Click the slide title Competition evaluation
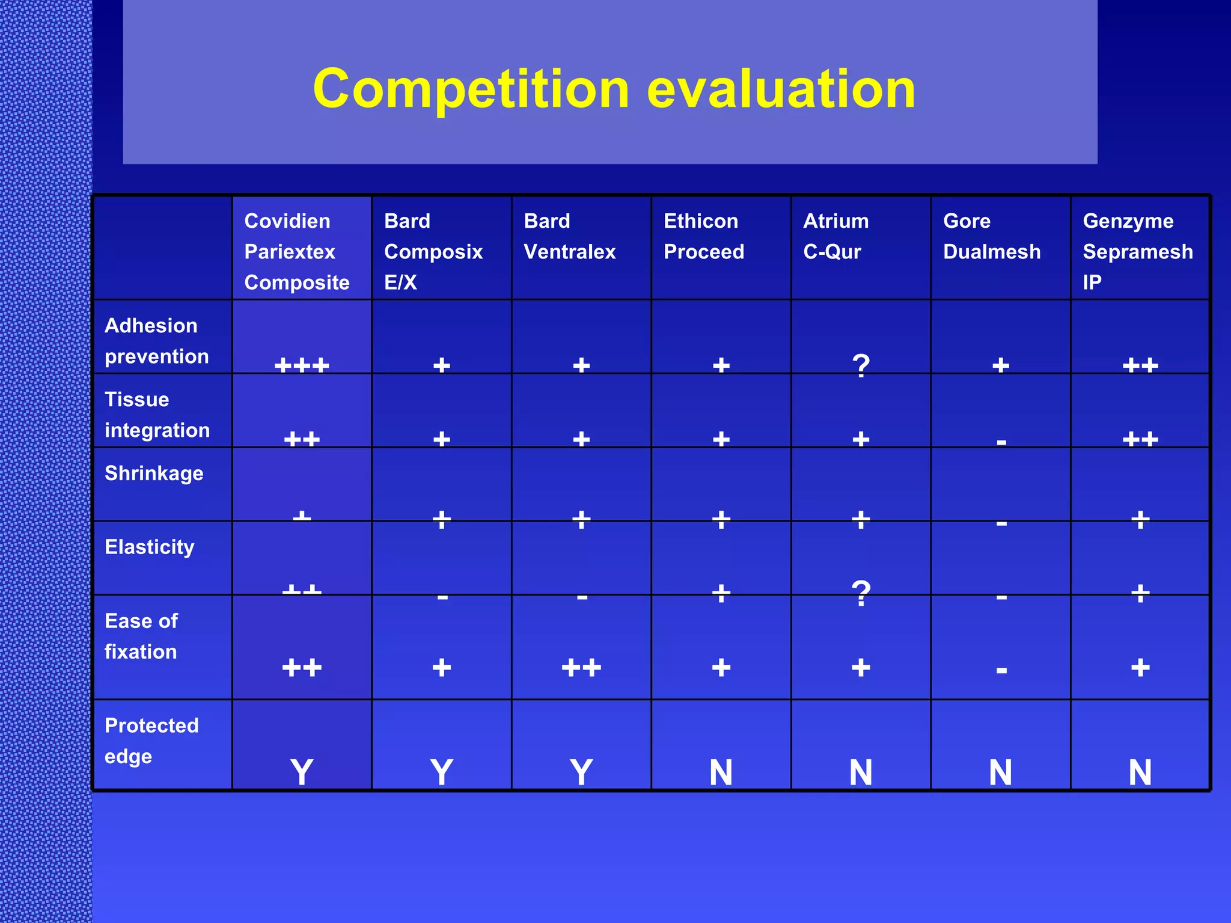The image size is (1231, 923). coord(614,89)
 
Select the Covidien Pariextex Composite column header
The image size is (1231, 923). coord(297,251)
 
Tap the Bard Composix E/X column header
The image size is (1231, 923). coord(433,251)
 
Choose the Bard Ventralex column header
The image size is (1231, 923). coord(570,236)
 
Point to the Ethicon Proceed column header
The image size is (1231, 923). coord(704,236)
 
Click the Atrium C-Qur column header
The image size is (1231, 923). coord(836,236)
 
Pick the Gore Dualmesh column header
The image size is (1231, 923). coord(992,236)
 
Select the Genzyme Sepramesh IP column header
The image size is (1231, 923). coord(1138,251)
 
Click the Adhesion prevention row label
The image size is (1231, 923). coord(157,341)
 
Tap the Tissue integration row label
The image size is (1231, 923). coord(157,415)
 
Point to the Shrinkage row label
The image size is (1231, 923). coord(154,474)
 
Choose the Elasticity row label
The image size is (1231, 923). coord(150,547)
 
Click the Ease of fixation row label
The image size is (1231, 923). coord(141,636)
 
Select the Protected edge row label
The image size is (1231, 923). coord(151,740)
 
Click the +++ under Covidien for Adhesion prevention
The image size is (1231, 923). coord(302,365)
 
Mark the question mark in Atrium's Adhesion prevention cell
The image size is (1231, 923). coord(861,365)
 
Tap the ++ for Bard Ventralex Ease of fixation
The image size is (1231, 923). coord(581,668)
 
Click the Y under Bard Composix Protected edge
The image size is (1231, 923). coord(442,772)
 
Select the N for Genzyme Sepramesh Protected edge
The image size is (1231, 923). coord(1140,772)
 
